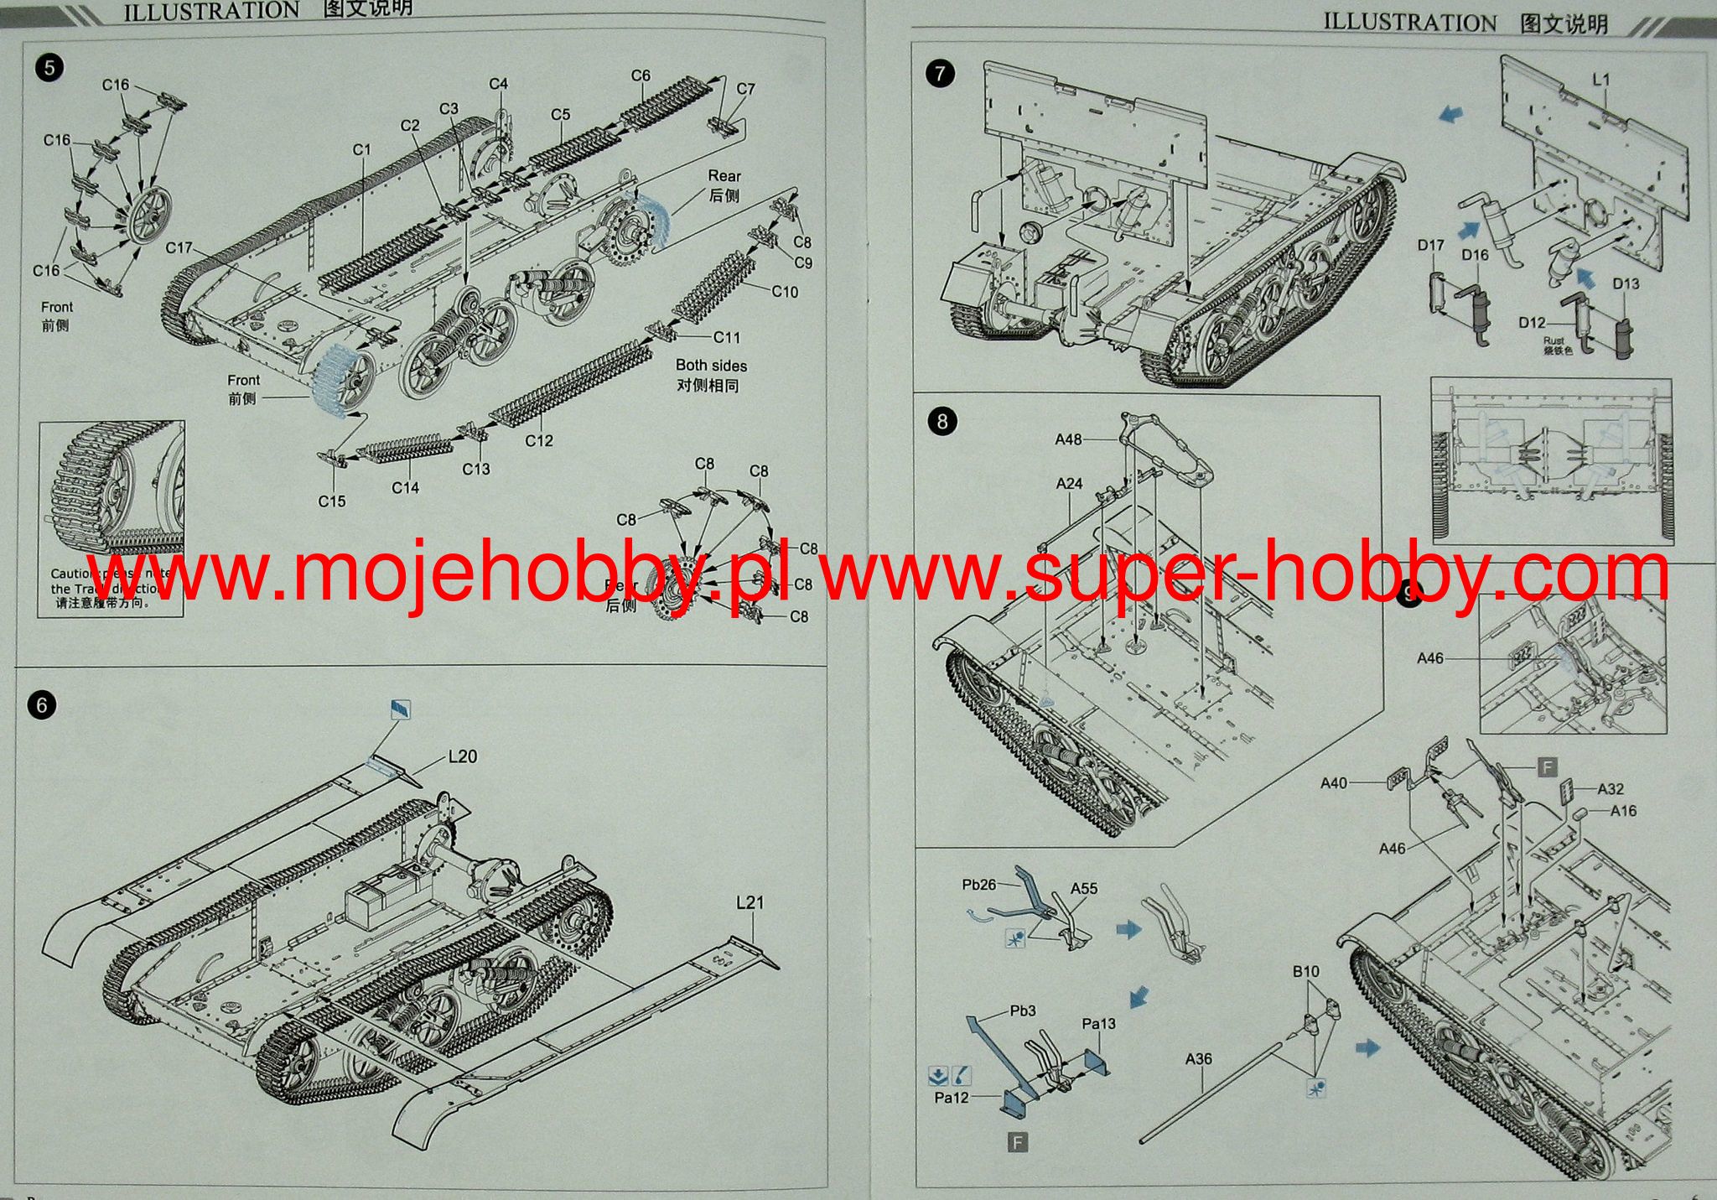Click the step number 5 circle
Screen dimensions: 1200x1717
tap(49, 67)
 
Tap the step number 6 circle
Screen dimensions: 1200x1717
tap(42, 705)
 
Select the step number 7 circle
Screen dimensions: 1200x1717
tap(940, 74)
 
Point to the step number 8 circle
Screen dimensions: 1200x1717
tap(942, 421)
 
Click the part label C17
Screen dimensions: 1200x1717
tap(179, 248)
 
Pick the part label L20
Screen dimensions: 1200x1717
tap(462, 756)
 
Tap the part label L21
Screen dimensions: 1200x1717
tap(750, 902)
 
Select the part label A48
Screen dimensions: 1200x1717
tap(1068, 439)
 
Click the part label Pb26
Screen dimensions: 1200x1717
tap(978, 885)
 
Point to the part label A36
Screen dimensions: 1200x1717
tap(1198, 1059)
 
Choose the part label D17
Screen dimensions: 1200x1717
tap(1430, 245)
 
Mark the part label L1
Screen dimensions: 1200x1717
tap(1600, 80)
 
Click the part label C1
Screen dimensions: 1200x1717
tap(361, 149)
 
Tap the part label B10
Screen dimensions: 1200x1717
tap(1305, 971)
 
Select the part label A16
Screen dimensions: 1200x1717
tap(1623, 811)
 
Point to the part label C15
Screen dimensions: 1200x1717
tap(331, 501)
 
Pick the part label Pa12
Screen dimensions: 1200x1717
tap(951, 1098)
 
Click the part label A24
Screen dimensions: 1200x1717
tap(1069, 484)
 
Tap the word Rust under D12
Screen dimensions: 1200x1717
tap(1554, 340)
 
